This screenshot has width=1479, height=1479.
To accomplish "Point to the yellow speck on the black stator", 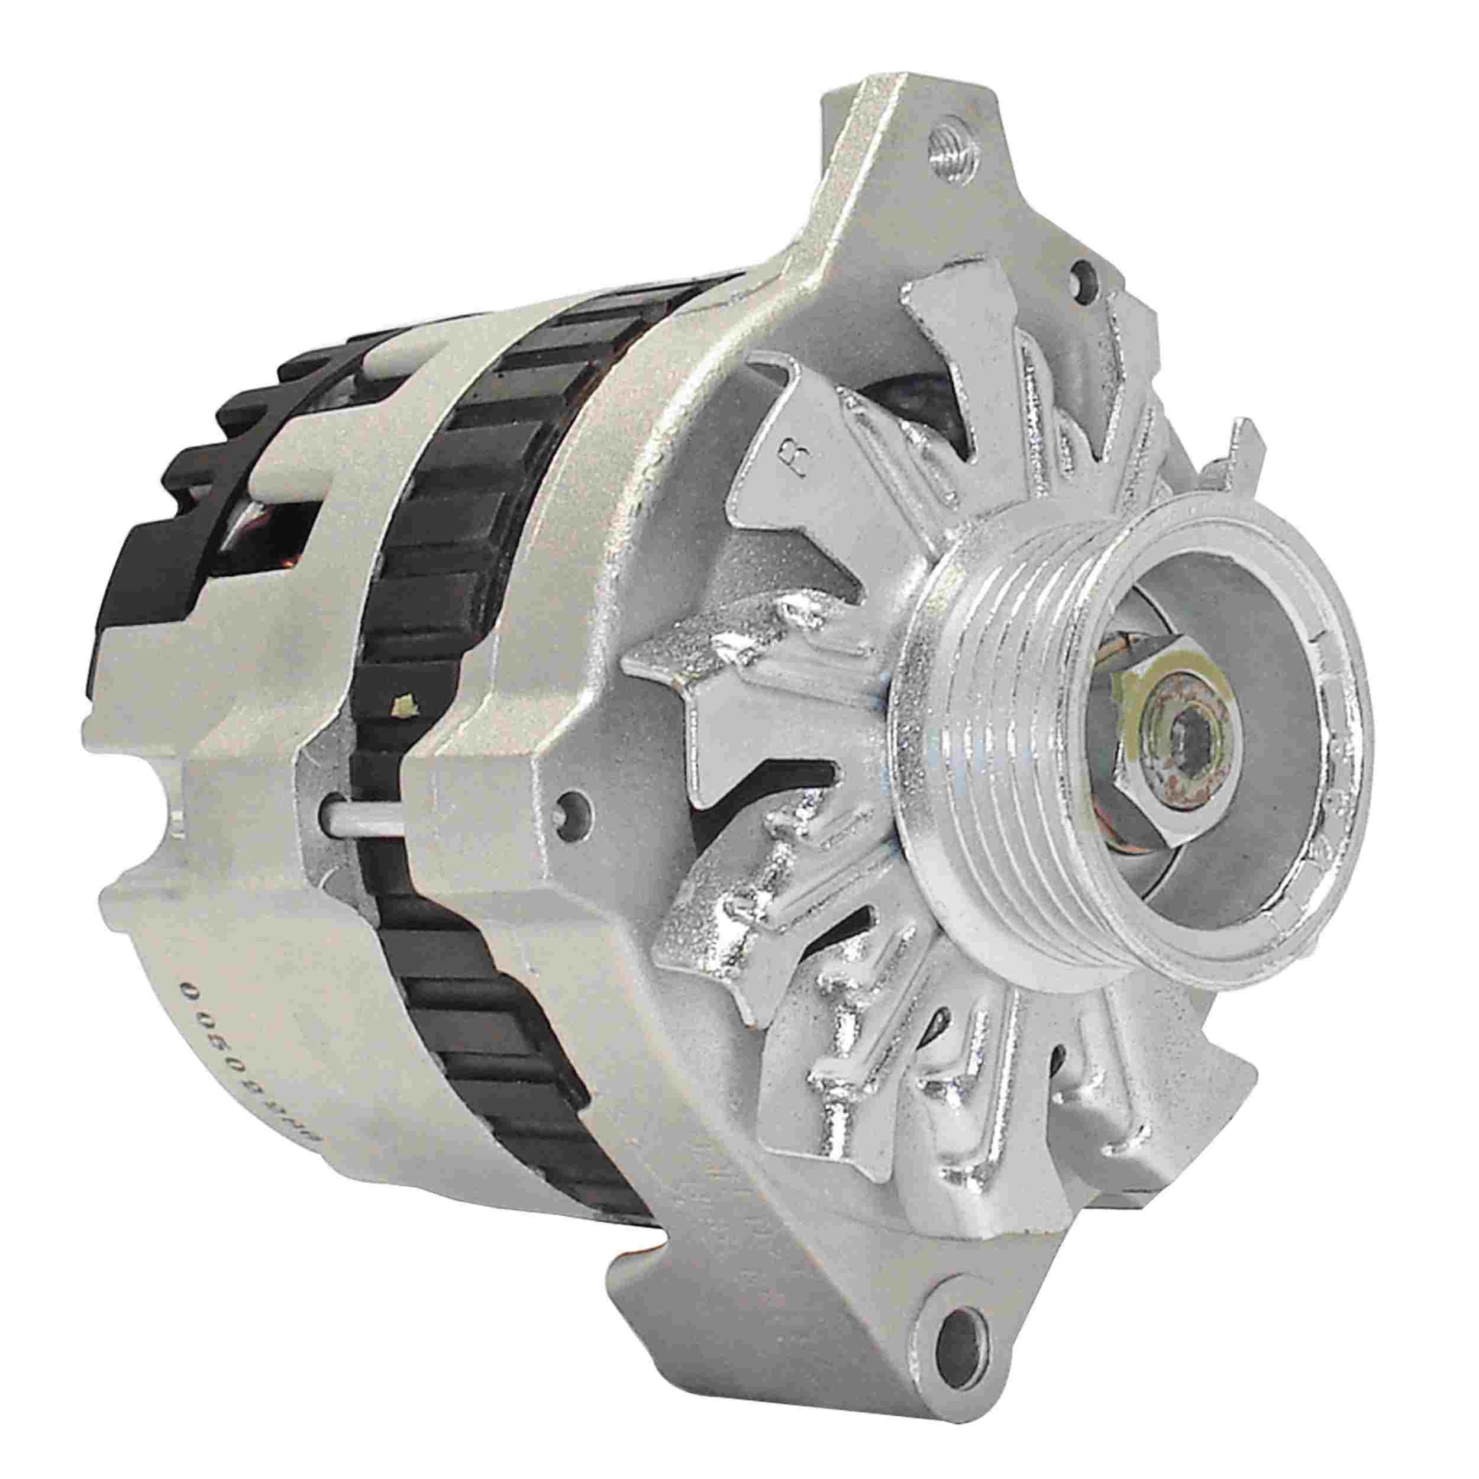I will pos(403,680).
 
